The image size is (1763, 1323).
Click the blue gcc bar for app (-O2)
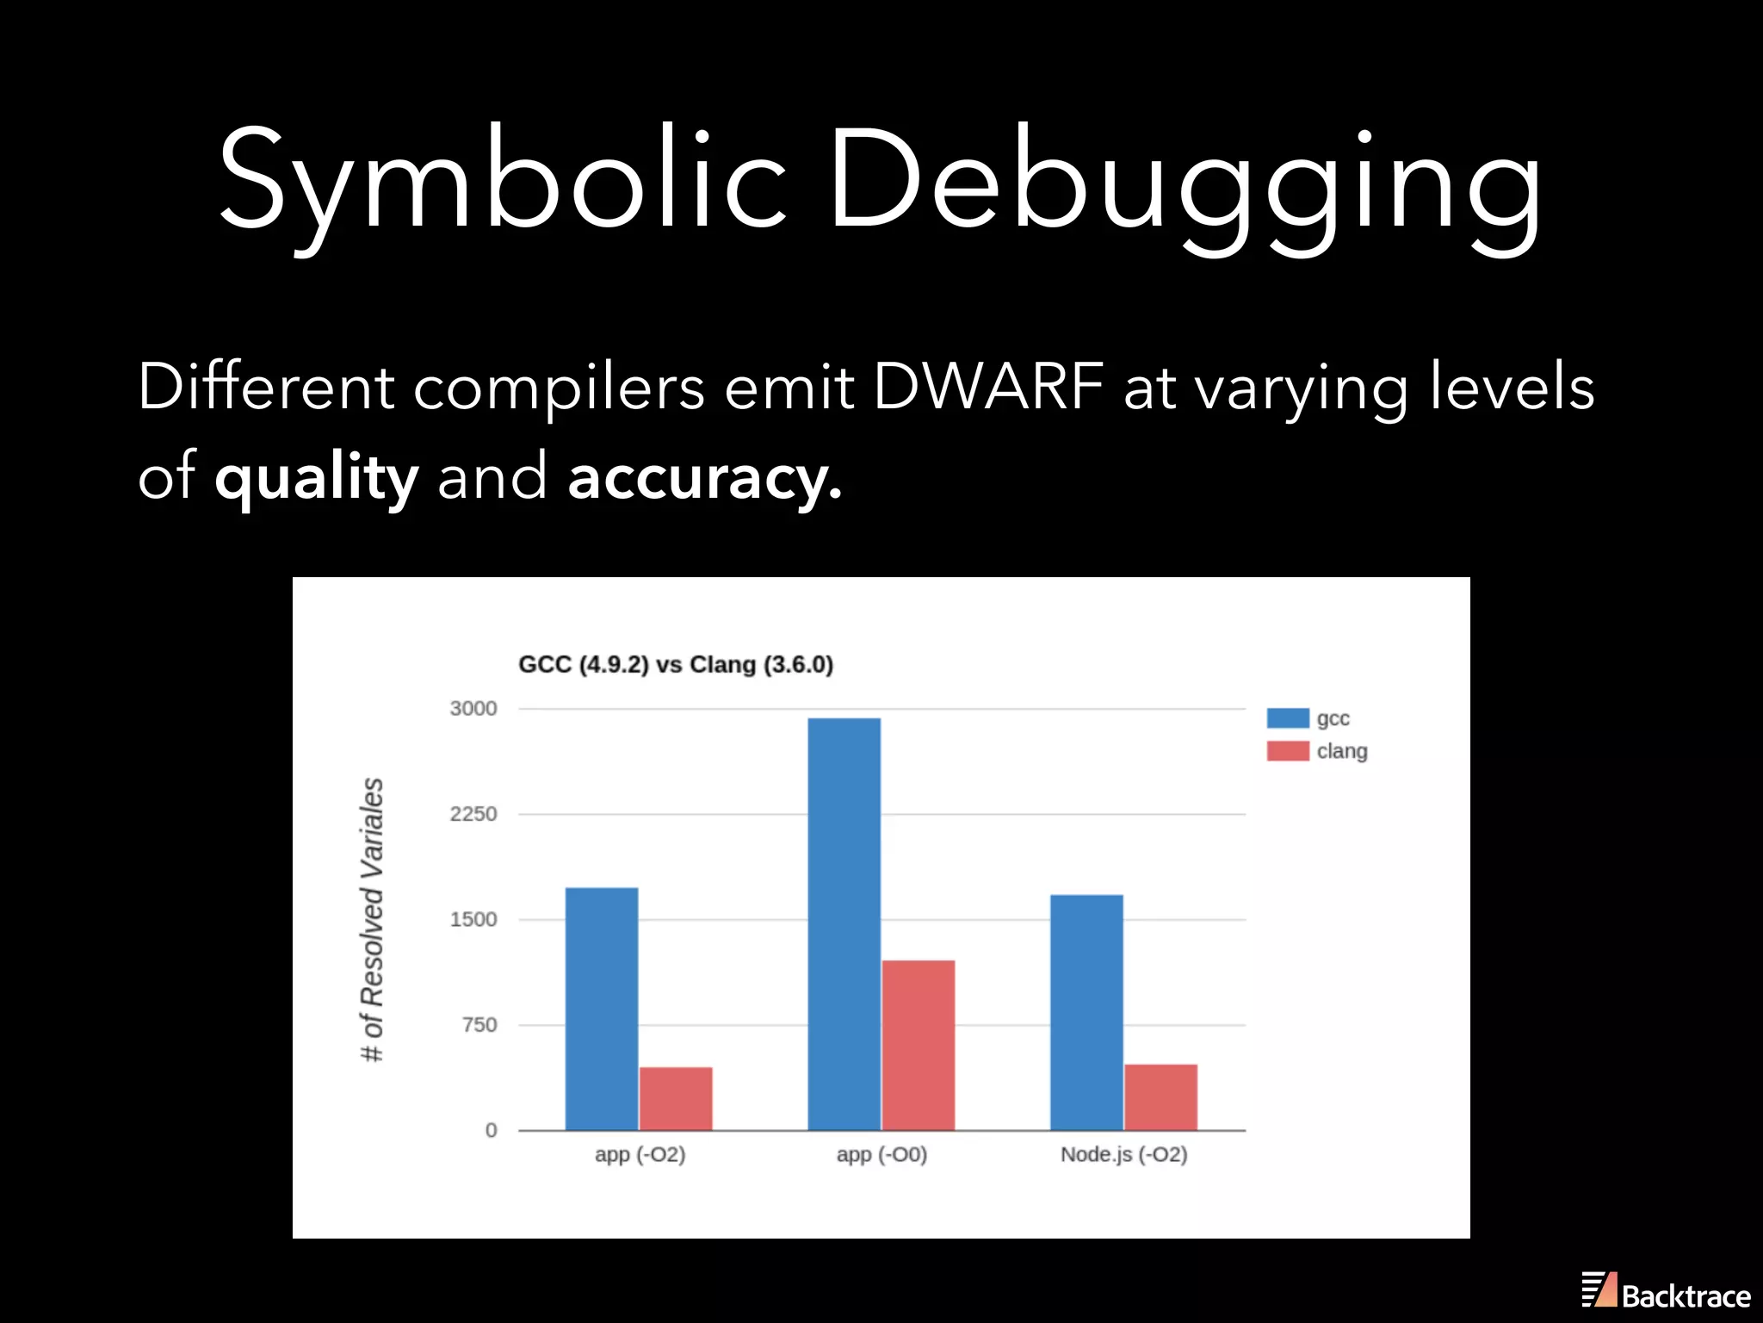click(601, 1008)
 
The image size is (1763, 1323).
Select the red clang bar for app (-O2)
click(676, 1098)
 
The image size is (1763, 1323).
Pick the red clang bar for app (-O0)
click(919, 1044)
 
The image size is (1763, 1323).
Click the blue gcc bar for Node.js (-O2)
click(1086, 1012)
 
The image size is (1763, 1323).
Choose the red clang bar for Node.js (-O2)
click(1160, 1096)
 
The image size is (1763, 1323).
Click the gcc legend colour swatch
click(1288, 718)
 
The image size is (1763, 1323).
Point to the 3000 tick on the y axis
click(473, 708)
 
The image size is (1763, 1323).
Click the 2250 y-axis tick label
click(473, 814)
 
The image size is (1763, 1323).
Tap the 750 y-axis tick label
click(479, 1025)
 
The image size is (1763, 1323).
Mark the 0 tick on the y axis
click(491, 1130)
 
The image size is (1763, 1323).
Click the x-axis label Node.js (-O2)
click(1123, 1154)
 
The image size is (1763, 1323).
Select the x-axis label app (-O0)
click(881, 1154)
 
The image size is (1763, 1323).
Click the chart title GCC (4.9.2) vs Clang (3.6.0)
click(676, 665)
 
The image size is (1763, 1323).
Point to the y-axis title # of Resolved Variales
click(372, 919)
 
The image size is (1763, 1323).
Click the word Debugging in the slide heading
click(1184, 181)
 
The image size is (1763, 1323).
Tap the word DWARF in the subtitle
click(987, 386)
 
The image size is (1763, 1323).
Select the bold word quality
click(316, 477)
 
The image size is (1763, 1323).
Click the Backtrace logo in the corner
click(1666, 1292)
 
